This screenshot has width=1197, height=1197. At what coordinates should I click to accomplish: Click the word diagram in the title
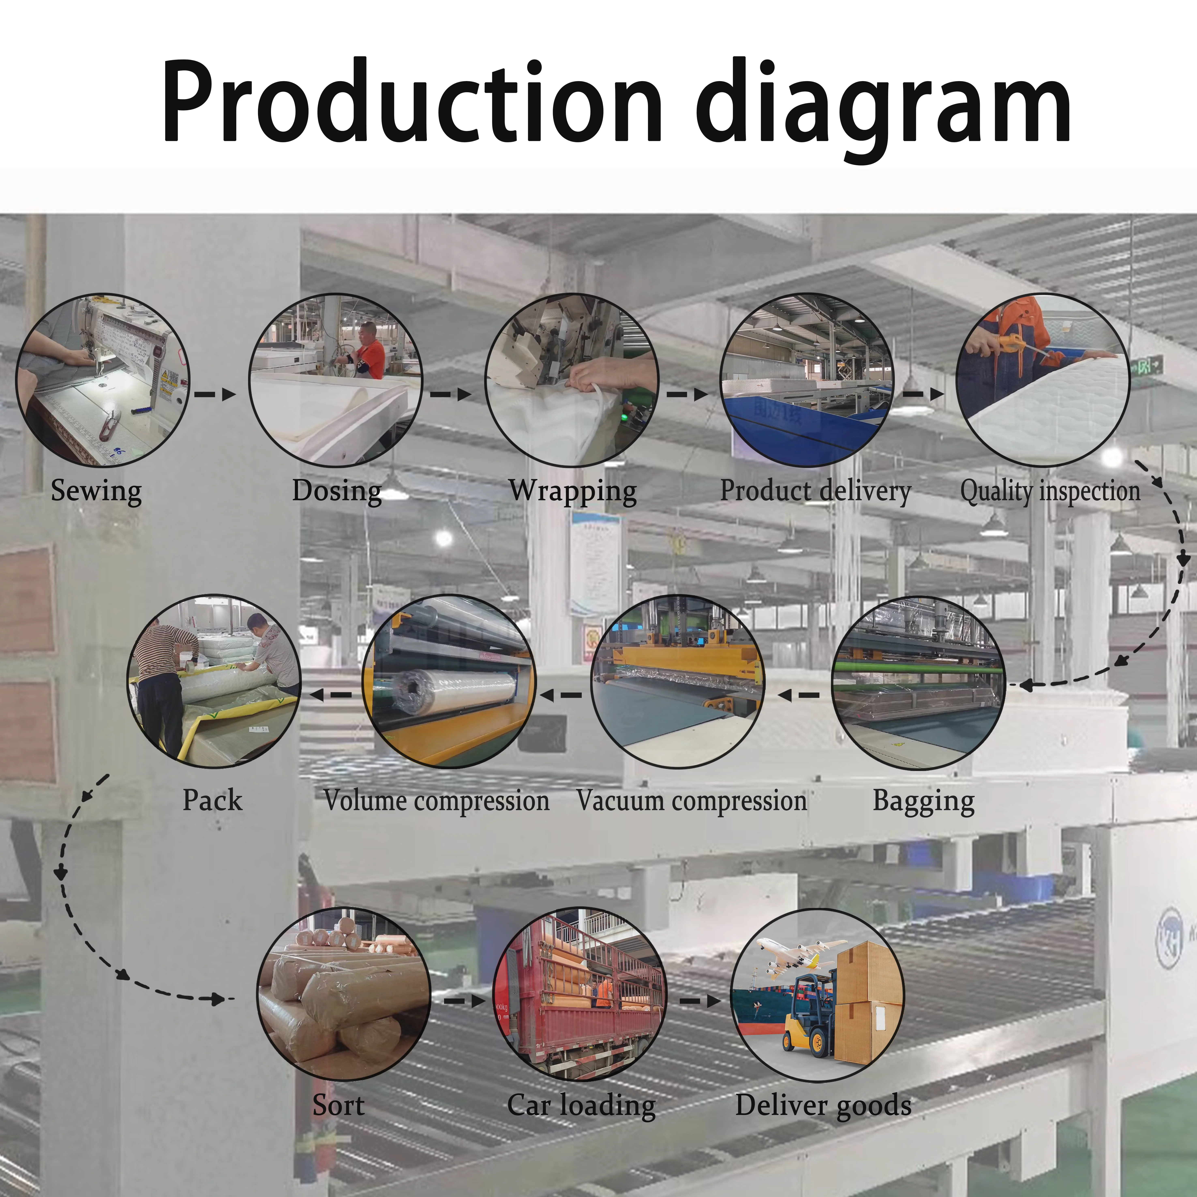[x=883, y=105]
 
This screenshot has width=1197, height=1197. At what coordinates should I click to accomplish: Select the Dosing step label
[x=336, y=491]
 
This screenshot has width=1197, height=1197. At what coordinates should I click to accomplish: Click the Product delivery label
[x=815, y=491]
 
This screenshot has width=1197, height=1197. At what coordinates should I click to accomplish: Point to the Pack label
[x=212, y=800]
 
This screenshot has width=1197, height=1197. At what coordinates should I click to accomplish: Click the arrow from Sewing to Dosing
[x=215, y=394]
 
